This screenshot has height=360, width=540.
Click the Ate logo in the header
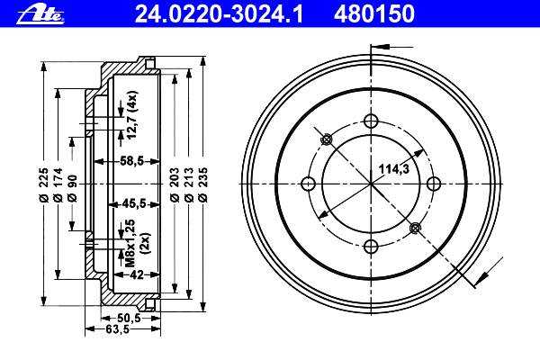click(x=40, y=15)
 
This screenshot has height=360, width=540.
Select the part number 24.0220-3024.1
click(x=219, y=14)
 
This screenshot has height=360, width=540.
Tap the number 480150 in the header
click(x=373, y=14)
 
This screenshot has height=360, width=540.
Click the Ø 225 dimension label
click(x=43, y=184)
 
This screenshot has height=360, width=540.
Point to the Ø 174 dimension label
click(x=58, y=184)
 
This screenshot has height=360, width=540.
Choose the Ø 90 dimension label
click(x=72, y=188)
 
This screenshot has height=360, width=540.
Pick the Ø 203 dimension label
click(x=175, y=184)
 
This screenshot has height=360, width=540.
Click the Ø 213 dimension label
click(x=189, y=184)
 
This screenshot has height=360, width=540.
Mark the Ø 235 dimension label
click(x=203, y=184)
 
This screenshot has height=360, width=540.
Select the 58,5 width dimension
click(x=131, y=160)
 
